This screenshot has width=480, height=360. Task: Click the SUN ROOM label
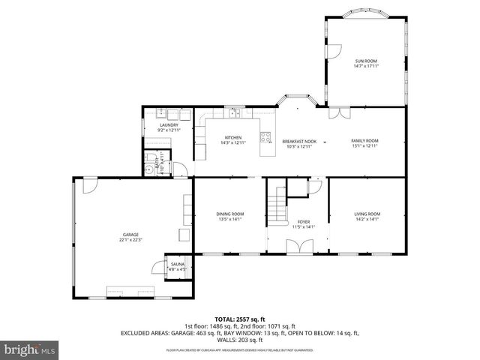point(365,61)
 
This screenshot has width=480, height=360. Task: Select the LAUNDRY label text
point(168,125)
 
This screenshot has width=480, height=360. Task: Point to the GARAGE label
point(130,235)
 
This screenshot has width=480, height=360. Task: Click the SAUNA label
point(177,265)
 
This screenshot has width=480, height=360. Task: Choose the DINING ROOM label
point(230,214)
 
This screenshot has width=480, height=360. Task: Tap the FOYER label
point(303,222)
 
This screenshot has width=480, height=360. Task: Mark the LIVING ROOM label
point(367,214)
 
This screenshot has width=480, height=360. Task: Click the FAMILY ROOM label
point(365,141)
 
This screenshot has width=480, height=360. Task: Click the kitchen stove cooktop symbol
point(265,136)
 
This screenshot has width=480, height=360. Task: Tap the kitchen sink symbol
point(234,114)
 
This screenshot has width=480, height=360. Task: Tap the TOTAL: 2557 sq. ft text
point(239,319)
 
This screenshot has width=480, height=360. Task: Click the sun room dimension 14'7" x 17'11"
point(365,66)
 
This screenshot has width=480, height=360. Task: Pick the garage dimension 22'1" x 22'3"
point(130,241)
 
